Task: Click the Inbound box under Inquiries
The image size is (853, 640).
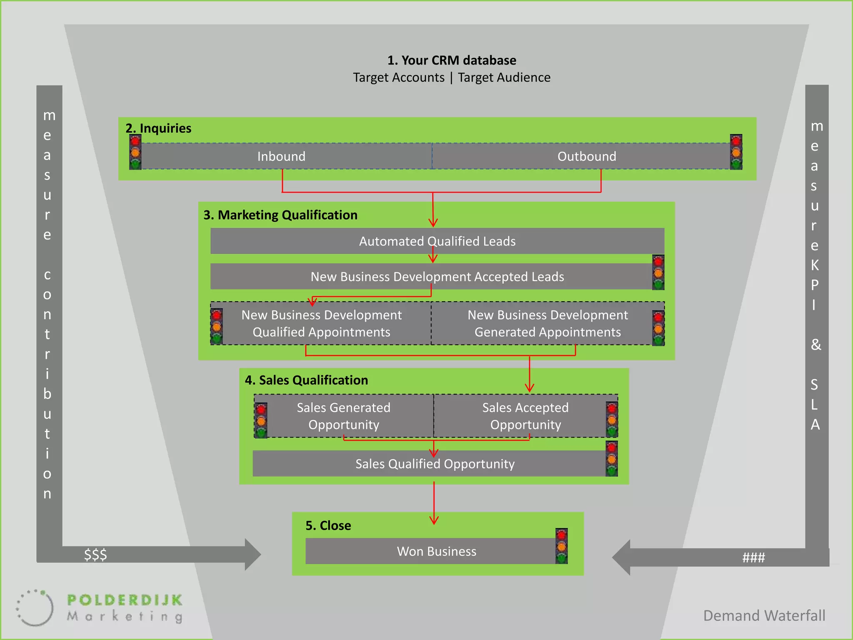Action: pos(282,156)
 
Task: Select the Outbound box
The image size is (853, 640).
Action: pos(586,156)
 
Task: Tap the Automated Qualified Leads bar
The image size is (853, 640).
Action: pos(437,241)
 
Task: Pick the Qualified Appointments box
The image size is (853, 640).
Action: pos(322,323)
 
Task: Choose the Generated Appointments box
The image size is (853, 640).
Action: pos(547,323)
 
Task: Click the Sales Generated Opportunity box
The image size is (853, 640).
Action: pos(344,416)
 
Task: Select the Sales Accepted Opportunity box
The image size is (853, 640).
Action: pos(525,416)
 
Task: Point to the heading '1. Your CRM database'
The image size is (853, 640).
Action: pos(451,60)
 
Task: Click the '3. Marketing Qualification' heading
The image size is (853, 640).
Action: pos(280,215)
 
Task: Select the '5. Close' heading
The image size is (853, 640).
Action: pos(328,525)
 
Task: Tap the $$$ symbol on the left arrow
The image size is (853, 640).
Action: pos(95,555)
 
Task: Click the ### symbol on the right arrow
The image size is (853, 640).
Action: pos(753,557)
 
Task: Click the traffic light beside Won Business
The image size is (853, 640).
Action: pos(561,546)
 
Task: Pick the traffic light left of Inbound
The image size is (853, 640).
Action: pos(135,152)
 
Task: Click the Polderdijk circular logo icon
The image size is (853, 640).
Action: pos(35,607)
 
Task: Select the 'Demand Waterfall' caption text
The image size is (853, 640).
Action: pos(764,615)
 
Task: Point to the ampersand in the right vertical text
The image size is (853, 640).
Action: pos(816,345)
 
